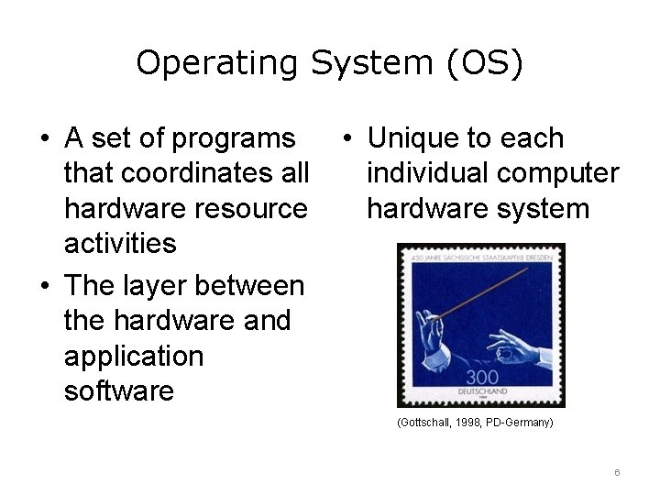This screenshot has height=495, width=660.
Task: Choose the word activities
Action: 120,244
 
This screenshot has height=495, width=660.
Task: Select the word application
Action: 134,356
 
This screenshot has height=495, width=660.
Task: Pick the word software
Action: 119,391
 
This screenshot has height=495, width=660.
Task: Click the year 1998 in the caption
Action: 470,423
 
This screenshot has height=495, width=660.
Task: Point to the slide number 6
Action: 618,472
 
